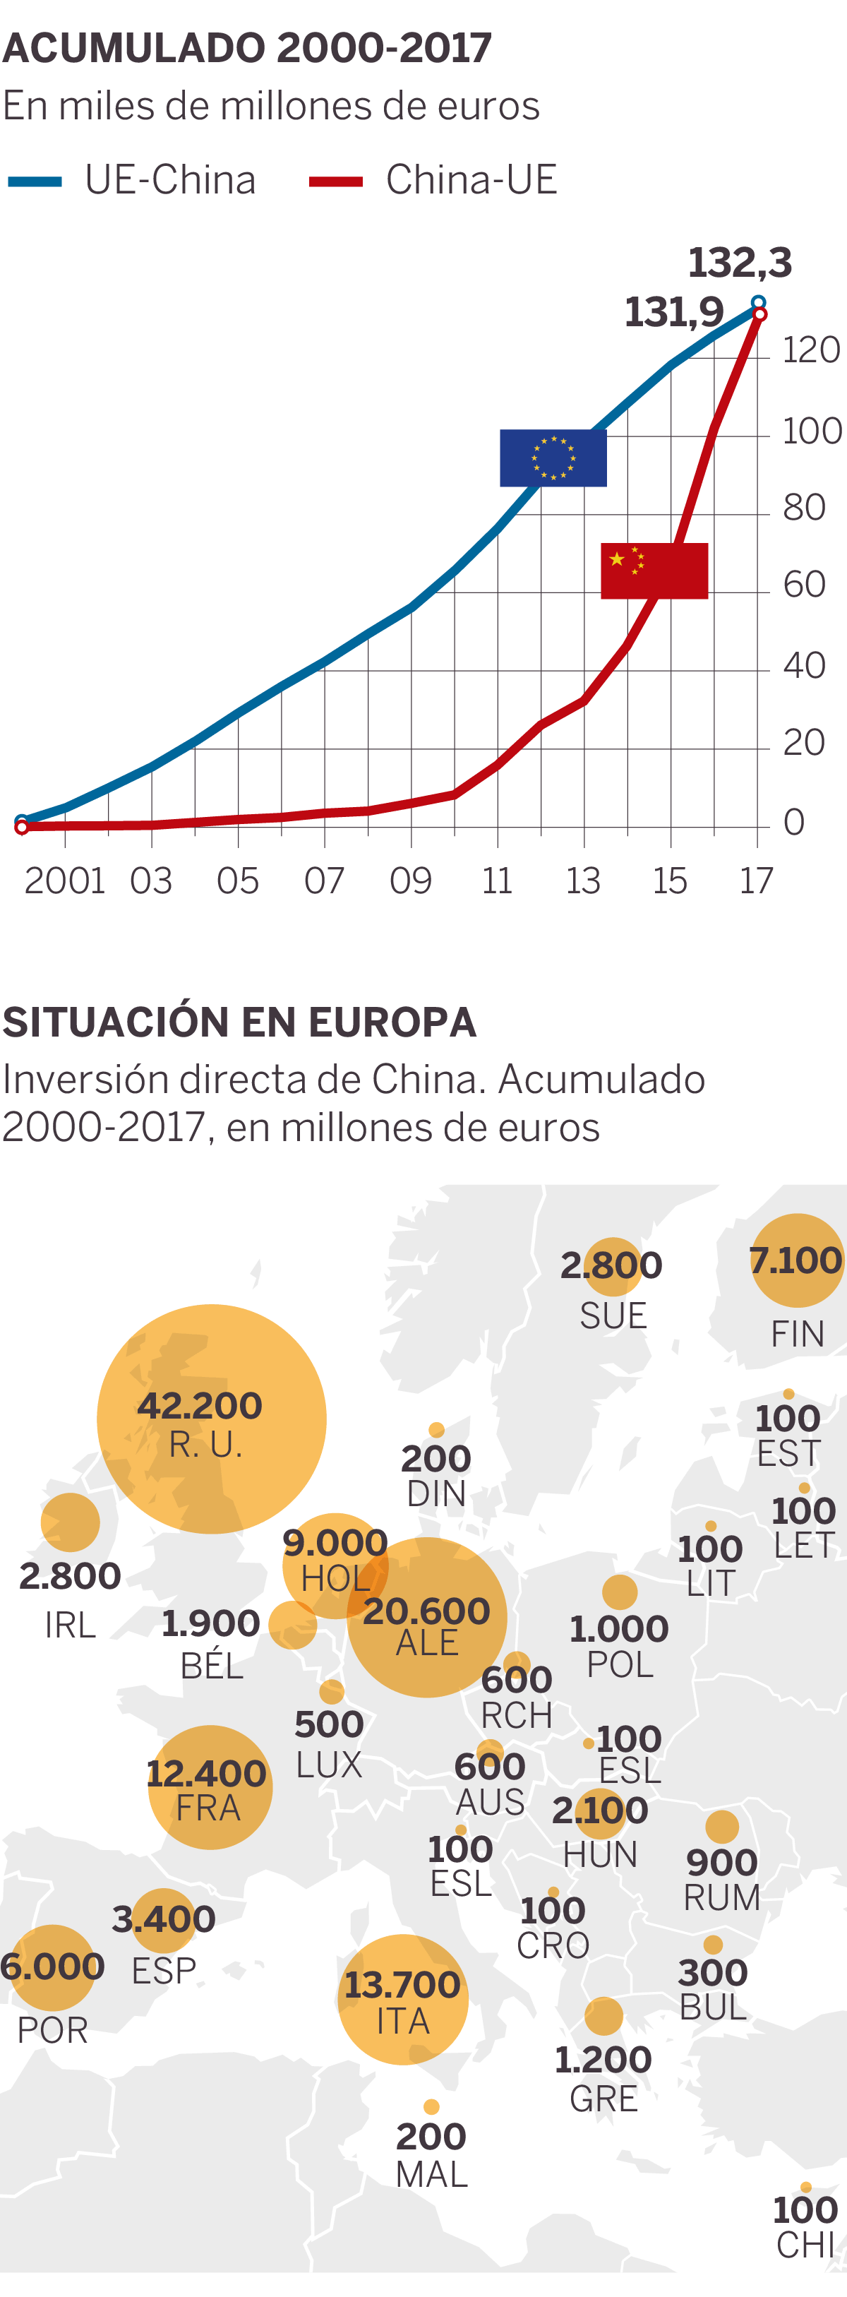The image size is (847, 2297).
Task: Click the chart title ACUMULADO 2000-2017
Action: (x=247, y=48)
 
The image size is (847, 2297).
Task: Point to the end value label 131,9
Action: (x=674, y=312)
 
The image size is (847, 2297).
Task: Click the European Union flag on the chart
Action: (x=553, y=458)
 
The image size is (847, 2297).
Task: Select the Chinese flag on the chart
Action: (x=654, y=571)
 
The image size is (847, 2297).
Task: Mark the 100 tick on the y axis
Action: (x=810, y=431)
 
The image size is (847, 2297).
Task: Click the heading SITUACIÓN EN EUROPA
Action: (x=239, y=1022)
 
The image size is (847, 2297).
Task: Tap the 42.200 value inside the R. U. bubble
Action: (x=200, y=1405)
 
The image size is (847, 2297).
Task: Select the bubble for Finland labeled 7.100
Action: (x=796, y=1260)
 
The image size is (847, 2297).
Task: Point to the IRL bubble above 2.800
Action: (x=71, y=1522)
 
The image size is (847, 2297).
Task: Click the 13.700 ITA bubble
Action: (x=403, y=1999)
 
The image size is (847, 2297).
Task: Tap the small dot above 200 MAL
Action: (x=431, y=2107)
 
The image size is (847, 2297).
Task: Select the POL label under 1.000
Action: (x=620, y=1664)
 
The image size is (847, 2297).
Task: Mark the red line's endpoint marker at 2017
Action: (x=759, y=314)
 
